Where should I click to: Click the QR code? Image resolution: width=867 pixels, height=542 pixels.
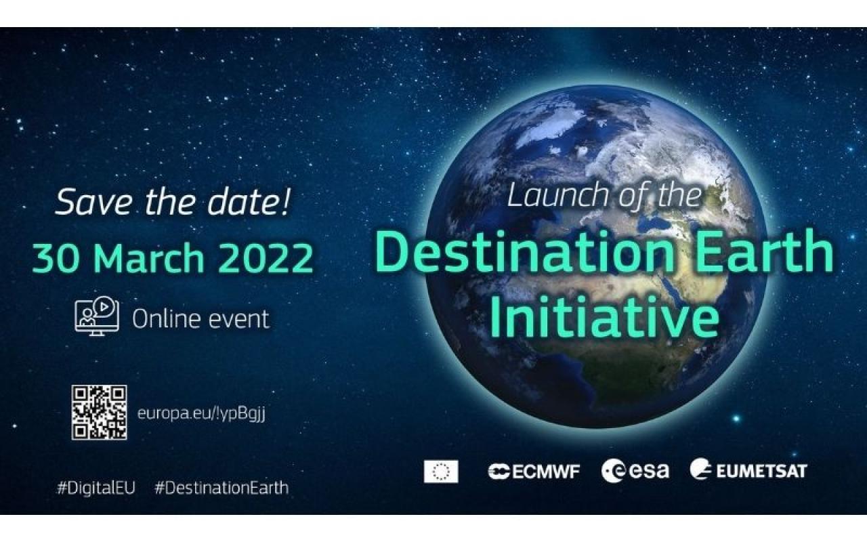[99, 413]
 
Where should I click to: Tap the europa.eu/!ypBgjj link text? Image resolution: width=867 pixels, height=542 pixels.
[201, 414]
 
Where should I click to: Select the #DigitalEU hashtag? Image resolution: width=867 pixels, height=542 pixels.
[96, 488]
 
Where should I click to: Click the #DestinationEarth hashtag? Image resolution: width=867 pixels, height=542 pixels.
[221, 488]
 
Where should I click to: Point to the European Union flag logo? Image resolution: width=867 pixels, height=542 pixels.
[441, 472]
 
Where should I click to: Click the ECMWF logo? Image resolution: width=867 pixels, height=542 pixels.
[534, 472]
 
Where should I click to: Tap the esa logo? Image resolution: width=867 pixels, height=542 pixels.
[635, 471]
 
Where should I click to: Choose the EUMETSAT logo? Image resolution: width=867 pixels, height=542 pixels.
[748, 470]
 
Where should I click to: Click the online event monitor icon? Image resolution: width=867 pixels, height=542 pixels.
[97, 316]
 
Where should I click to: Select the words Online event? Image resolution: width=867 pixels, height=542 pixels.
[200, 319]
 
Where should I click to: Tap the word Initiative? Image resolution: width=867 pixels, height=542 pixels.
[604, 316]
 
